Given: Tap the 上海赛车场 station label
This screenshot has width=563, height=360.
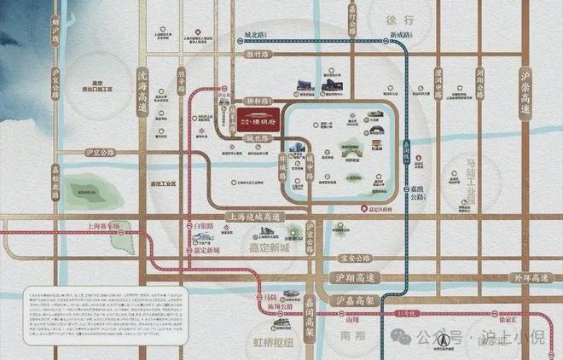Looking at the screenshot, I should point(107,227).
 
